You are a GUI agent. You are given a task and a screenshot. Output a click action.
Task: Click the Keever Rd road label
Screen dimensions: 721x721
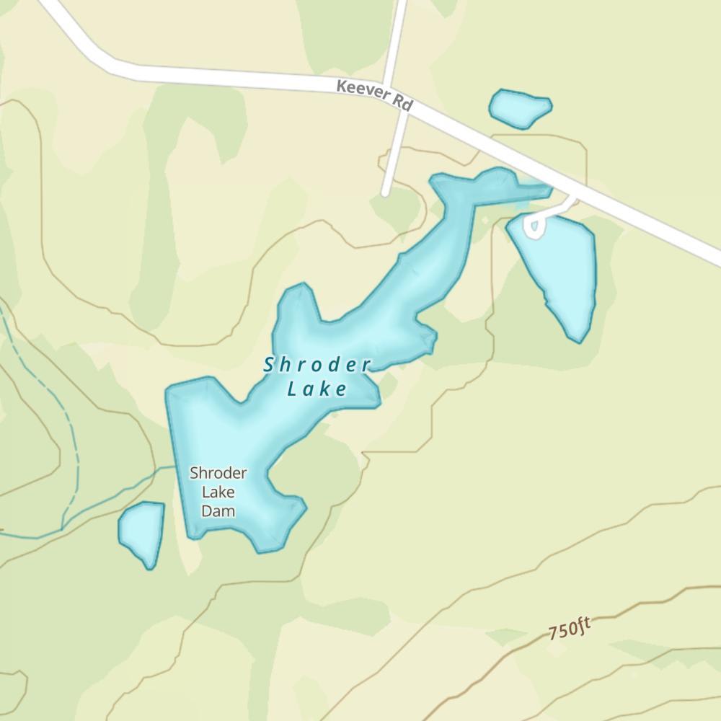[x=373, y=95]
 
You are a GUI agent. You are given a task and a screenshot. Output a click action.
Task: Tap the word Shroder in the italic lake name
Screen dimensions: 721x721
[x=317, y=366]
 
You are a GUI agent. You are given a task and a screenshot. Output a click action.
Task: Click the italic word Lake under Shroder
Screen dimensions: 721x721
[x=317, y=390]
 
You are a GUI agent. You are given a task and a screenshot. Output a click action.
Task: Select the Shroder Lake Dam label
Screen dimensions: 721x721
[x=218, y=492]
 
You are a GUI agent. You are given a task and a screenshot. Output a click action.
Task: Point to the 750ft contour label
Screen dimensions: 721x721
[x=569, y=629]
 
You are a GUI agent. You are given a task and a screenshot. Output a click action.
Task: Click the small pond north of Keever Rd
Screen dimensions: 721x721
[x=520, y=107]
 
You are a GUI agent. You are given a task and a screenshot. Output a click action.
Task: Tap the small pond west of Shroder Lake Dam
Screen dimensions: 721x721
[x=141, y=532]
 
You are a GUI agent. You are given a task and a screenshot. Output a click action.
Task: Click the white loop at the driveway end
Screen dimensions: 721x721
[x=534, y=227]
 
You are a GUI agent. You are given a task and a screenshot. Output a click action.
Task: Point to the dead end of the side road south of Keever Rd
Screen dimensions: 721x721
[x=386, y=193]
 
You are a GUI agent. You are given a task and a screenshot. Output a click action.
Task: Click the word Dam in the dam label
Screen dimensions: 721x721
[x=218, y=511]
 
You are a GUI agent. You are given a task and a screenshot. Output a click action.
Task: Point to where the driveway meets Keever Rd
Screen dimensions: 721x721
[x=575, y=196]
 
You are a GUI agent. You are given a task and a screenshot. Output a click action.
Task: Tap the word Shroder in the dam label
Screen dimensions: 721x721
[x=218, y=474]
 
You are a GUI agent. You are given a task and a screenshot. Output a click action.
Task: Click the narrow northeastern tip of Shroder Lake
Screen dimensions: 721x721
[x=541, y=190]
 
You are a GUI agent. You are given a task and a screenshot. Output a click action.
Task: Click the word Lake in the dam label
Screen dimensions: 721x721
[x=218, y=492]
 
